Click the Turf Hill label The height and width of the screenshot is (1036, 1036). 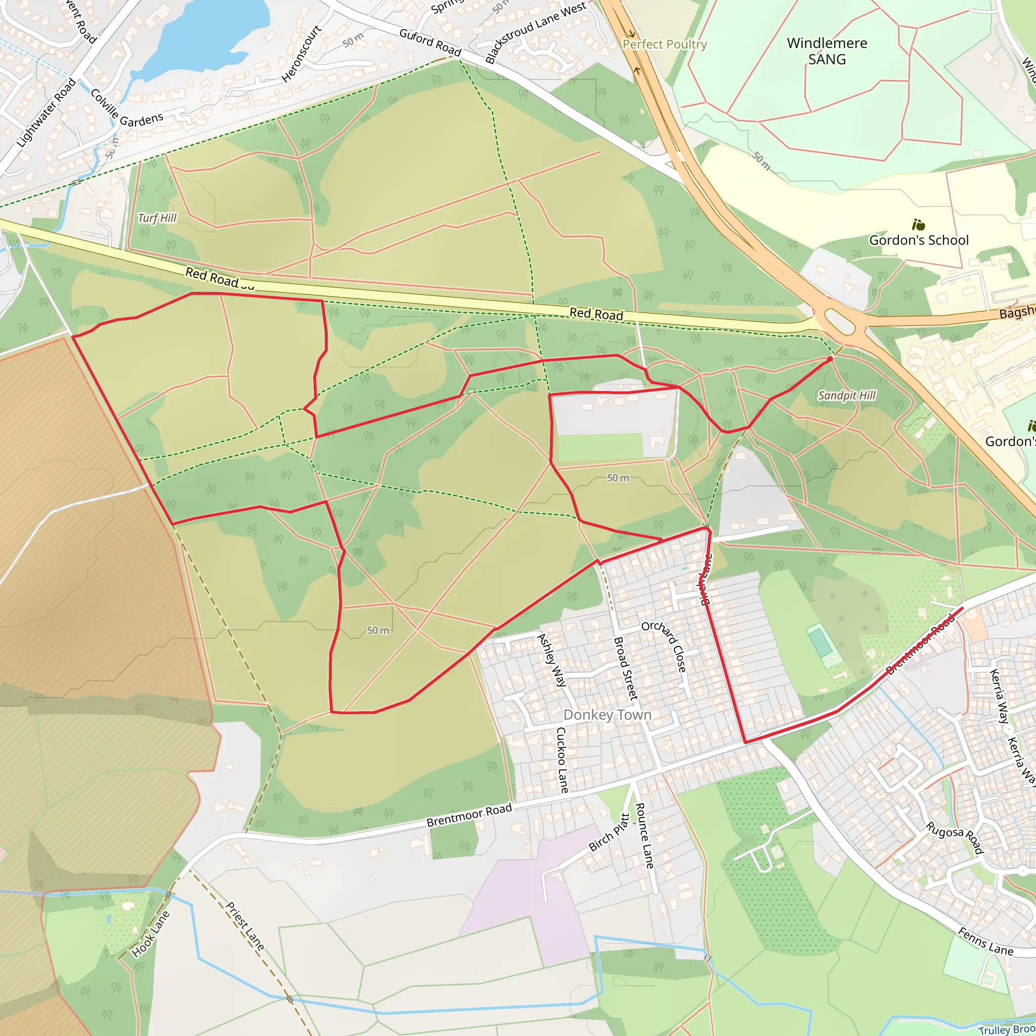157,218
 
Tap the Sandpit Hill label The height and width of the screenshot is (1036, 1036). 846,396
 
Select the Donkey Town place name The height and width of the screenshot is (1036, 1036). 607,715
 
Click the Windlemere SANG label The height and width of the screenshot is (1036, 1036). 827,51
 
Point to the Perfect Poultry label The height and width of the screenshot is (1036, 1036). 664,45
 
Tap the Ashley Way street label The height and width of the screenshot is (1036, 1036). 551,660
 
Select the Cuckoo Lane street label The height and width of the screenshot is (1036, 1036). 562,760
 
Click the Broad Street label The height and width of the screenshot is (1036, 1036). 625,668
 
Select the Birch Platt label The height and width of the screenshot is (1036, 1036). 610,832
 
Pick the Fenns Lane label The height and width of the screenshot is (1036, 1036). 985,941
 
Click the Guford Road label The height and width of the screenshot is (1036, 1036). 430,42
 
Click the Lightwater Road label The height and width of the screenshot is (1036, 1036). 47,113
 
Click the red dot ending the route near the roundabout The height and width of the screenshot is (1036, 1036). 830,359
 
